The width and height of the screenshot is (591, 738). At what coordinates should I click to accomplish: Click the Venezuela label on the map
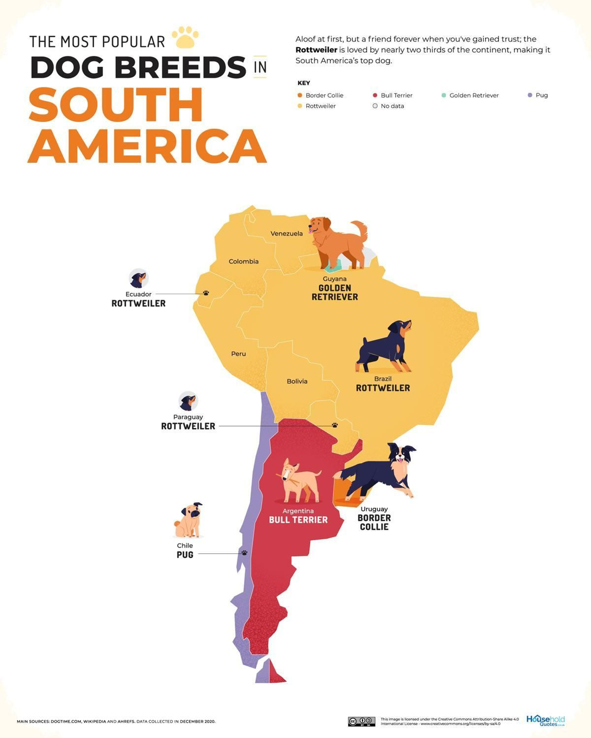pos(286,234)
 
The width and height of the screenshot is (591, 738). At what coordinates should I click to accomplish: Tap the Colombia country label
pos(243,262)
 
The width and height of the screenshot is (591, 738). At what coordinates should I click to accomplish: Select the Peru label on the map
pos(238,354)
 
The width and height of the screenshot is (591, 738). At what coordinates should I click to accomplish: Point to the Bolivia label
pos(297,382)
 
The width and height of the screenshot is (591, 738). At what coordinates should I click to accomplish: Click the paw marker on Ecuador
pos(206,293)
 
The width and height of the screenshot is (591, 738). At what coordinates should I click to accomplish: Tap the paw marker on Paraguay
pos(335,425)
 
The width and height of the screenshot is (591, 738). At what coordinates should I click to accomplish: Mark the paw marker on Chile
pos(244,553)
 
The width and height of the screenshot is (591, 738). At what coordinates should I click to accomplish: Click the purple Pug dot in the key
pos(530,95)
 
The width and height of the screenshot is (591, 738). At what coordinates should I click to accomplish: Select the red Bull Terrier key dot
pos(375,95)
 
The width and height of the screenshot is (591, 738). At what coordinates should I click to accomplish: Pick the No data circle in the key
pos(375,106)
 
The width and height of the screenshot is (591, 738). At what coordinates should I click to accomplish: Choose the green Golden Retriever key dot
pos(444,95)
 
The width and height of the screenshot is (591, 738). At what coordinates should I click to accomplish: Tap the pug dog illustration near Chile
pos(189,520)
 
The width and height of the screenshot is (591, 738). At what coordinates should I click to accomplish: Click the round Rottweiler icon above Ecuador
pos(139,279)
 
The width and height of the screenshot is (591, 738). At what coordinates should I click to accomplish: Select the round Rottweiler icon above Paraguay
pos(188,401)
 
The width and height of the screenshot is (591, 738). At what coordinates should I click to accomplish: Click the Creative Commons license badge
pos(361,721)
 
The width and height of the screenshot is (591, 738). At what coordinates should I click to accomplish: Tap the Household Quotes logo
pos(545,720)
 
